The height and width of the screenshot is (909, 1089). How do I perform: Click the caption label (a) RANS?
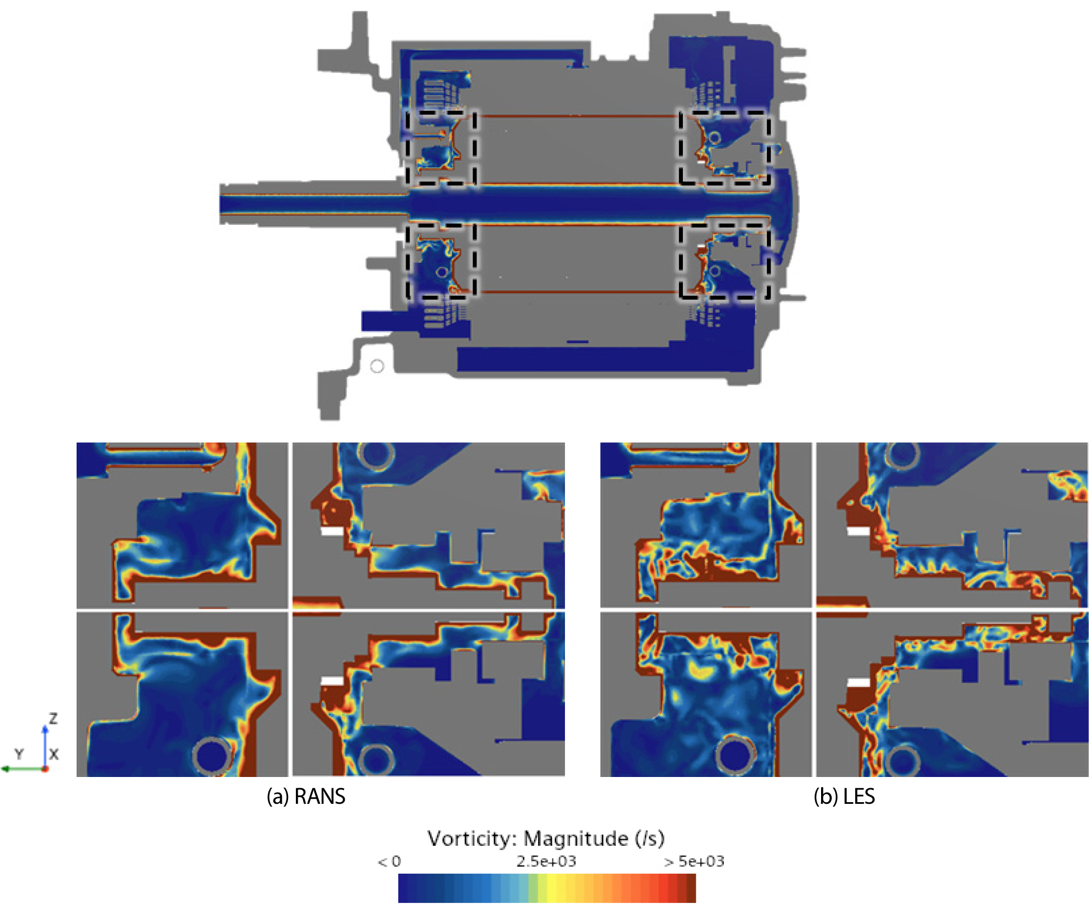(306, 796)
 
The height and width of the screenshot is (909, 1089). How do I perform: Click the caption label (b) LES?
(844, 796)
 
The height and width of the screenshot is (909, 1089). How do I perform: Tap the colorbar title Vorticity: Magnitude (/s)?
(546, 839)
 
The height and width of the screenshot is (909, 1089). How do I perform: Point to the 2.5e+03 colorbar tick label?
(546, 861)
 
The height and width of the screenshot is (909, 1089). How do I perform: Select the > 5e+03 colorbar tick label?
(694, 861)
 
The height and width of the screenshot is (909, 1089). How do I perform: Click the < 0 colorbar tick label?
(389, 861)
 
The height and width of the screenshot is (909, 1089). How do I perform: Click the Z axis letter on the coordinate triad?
(53, 719)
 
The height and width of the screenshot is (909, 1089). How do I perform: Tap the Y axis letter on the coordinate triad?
(20, 754)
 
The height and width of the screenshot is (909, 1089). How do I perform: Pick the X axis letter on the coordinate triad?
(54, 754)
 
